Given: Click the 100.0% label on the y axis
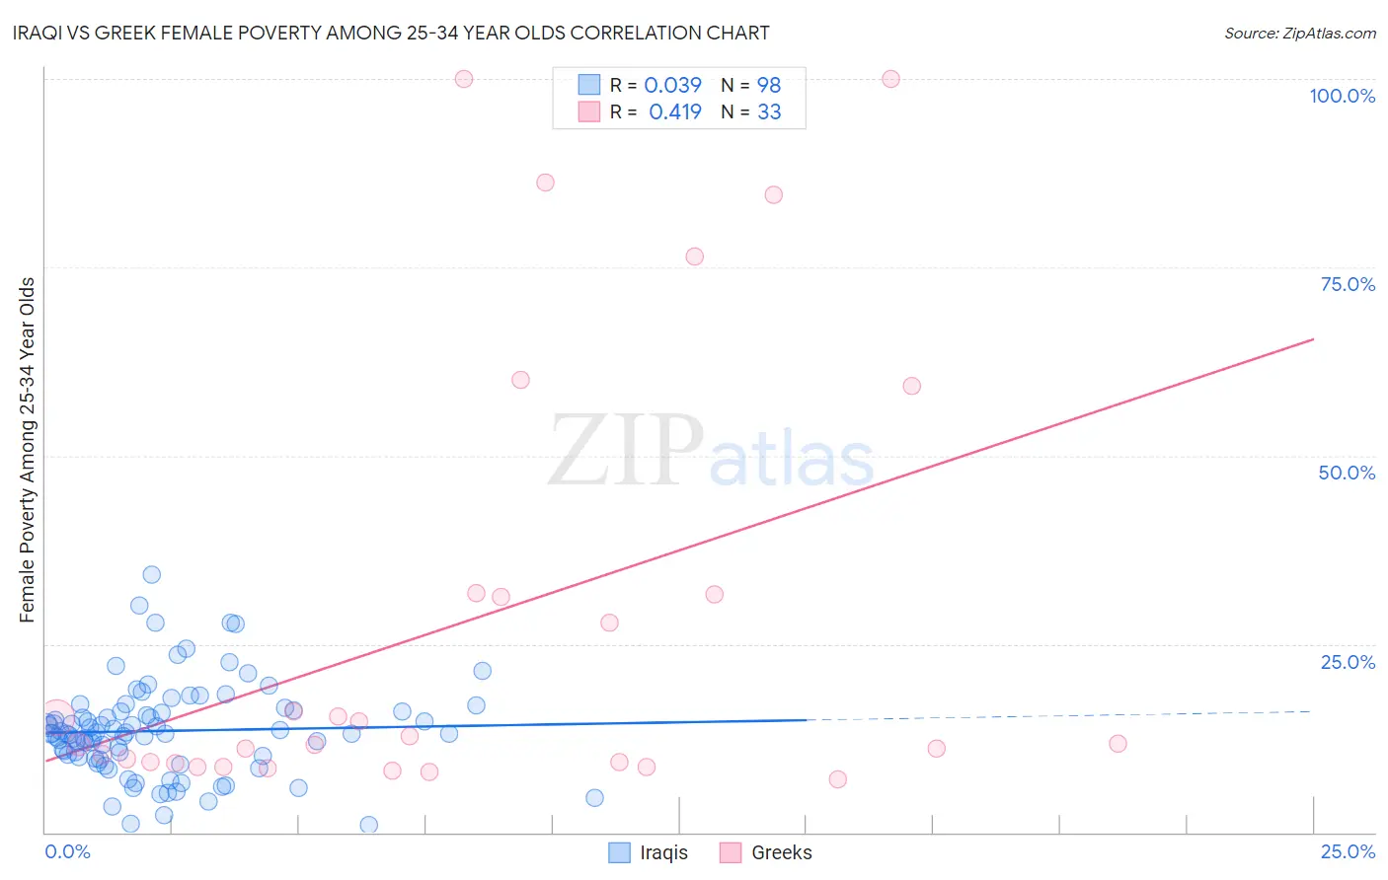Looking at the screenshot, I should click(1342, 96).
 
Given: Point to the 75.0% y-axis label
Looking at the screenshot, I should click(1348, 284).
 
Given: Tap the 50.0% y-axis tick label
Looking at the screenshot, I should click(1347, 473).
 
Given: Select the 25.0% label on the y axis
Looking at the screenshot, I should click(1348, 662).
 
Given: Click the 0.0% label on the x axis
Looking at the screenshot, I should click(67, 851).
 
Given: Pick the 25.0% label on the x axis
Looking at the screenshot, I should click(1348, 851).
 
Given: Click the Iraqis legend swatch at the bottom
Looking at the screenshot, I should click(619, 852).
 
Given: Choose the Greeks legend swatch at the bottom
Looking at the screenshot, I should click(731, 852).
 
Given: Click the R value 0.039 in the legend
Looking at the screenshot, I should click(672, 86).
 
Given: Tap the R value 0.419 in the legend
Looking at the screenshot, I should click(675, 112).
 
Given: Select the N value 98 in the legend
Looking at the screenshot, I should click(769, 86).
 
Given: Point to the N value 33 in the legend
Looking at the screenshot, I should click(769, 112).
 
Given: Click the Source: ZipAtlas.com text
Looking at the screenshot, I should click(1299, 33).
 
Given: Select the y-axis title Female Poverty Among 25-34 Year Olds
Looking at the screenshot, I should click(28, 450).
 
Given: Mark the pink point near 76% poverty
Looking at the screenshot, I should click(695, 257).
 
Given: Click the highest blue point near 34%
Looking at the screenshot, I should click(152, 574).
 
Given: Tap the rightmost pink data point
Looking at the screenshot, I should click(1118, 744).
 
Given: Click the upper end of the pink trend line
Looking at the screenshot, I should click(1313, 339).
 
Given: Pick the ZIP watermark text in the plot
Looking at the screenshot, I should click(626, 451).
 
